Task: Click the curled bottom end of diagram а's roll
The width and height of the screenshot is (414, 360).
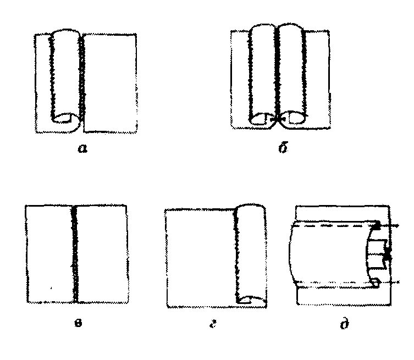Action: pyautogui.click(x=65, y=117)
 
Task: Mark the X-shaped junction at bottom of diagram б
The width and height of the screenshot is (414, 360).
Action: pyautogui.click(x=278, y=118)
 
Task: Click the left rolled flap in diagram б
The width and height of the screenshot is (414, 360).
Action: pyautogui.click(x=261, y=71)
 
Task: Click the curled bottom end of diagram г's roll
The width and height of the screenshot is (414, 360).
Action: pyautogui.click(x=251, y=300)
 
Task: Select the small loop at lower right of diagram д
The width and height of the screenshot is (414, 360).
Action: pyautogui.click(x=376, y=283)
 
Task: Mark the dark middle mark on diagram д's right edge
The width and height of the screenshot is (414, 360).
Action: pyautogui.click(x=388, y=254)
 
